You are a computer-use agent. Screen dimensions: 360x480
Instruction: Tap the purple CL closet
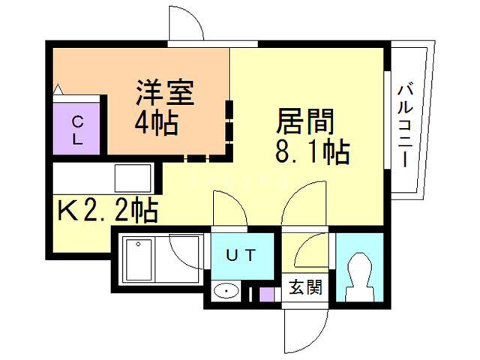(x=78, y=129)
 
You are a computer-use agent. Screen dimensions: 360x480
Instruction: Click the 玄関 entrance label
(x=306, y=287)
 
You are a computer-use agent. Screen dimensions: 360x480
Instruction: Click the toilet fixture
(x=359, y=274)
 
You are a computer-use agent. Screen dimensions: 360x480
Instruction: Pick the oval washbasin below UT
(x=224, y=291)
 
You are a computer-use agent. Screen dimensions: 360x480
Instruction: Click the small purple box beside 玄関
(x=267, y=293)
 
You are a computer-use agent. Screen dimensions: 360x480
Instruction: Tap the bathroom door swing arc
(x=187, y=251)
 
